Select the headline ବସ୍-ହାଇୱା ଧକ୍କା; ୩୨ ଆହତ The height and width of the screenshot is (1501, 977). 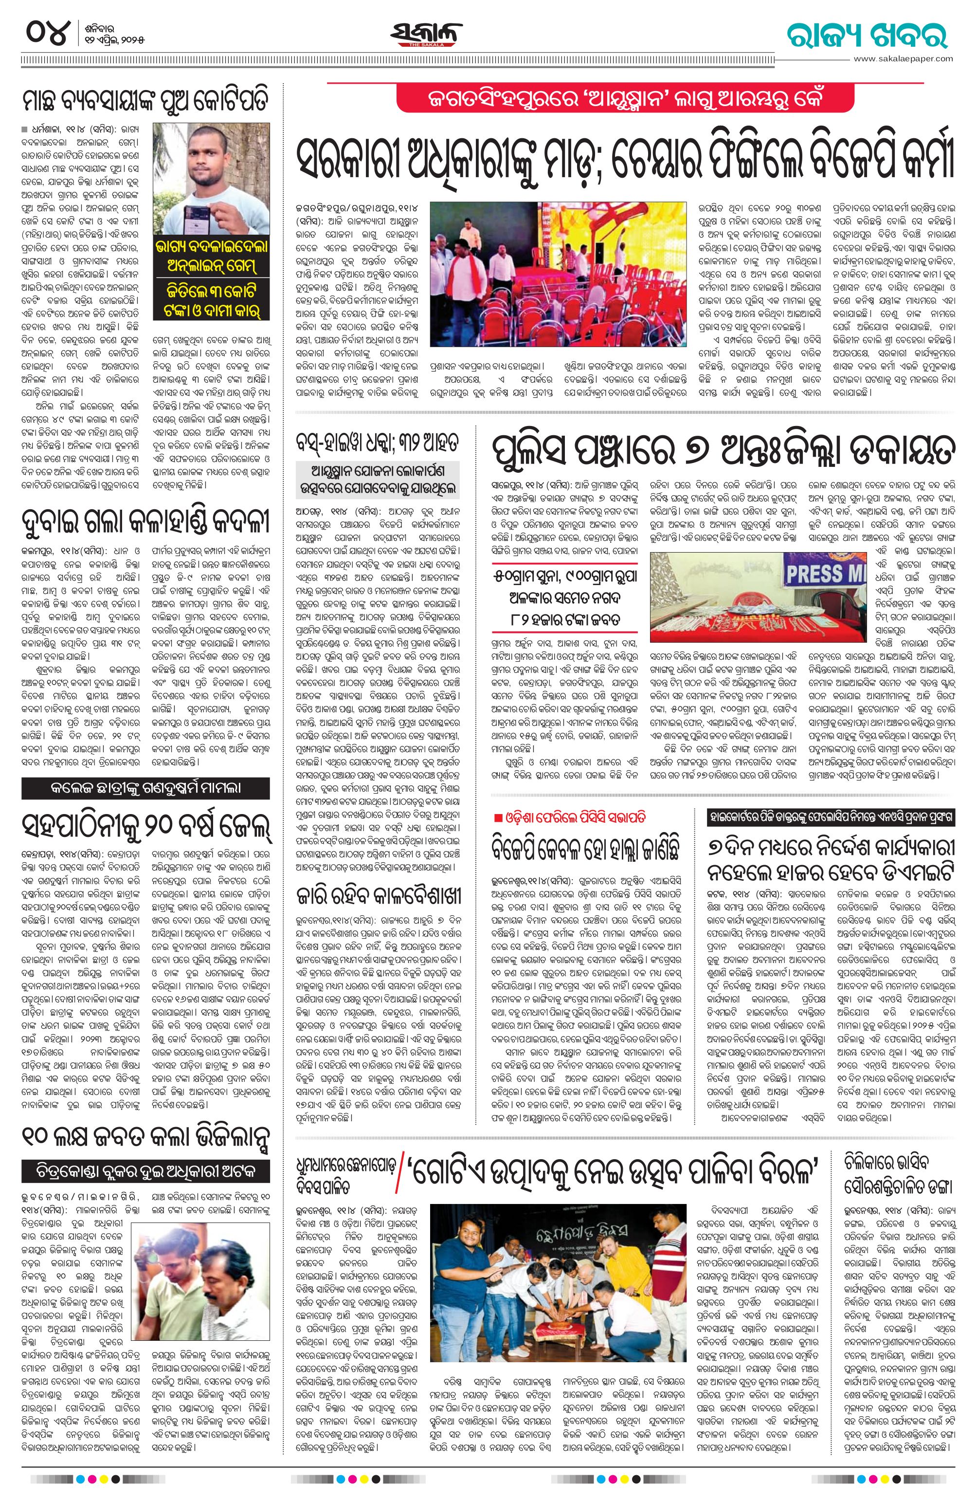380,442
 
